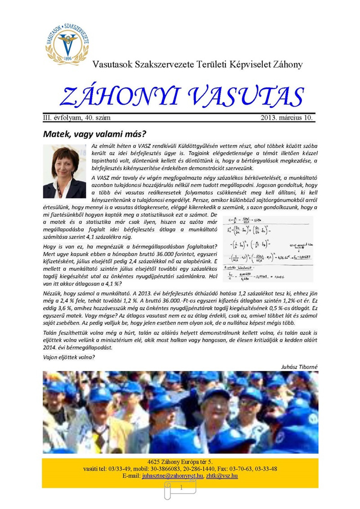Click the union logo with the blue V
[x=67, y=44]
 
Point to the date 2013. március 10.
[x=286, y=118]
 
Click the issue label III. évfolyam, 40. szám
[x=77, y=118]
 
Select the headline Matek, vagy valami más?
[x=94, y=134]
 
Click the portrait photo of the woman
[x=64, y=171]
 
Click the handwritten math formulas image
[x=268, y=249]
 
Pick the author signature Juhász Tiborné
[x=299, y=367]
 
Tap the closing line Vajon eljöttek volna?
[x=69, y=357]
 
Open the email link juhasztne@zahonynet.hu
[x=173, y=476]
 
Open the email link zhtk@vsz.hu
[x=222, y=476]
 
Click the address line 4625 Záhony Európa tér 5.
[x=180, y=462]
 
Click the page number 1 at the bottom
[x=181, y=488]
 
